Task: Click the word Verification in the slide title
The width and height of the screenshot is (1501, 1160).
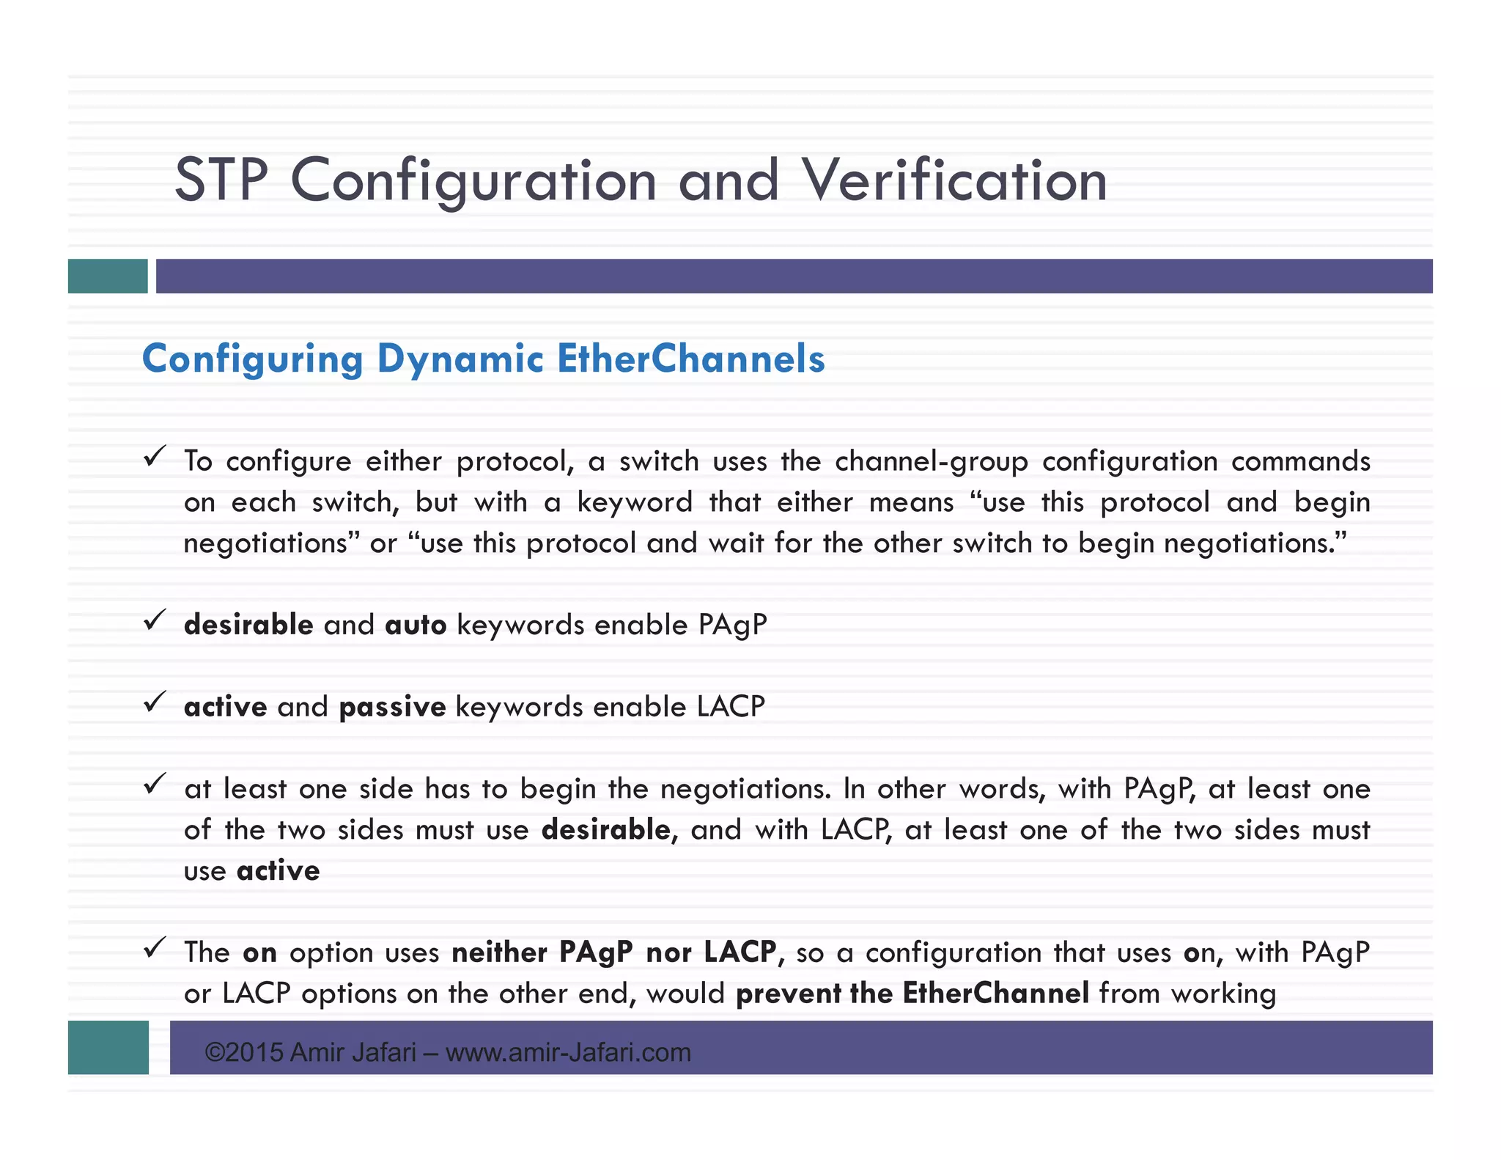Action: [954, 180]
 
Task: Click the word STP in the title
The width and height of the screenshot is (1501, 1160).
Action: [221, 180]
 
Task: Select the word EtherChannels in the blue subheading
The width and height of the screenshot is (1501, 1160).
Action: [690, 359]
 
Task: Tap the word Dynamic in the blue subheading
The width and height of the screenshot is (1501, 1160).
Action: [460, 360]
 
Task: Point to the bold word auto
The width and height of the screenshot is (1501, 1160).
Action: [416, 625]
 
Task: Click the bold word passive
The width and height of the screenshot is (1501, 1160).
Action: [392, 707]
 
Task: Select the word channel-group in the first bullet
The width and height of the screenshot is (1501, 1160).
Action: [931, 461]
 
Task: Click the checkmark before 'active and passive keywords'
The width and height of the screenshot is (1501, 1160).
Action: [155, 702]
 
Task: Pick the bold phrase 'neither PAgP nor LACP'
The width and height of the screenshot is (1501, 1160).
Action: [613, 952]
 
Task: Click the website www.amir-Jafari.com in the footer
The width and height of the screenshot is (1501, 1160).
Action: [568, 1052]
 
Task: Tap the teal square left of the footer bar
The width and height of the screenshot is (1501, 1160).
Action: [108, 1047]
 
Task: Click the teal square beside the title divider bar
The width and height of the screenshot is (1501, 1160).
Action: [108, 276]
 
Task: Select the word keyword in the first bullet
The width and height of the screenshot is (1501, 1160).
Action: [635, 502]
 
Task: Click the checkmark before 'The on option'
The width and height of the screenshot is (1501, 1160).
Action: [155, 947]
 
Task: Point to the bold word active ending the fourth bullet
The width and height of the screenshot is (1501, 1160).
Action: [279, 870]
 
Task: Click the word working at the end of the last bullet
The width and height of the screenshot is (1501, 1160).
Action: [1223, 994]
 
